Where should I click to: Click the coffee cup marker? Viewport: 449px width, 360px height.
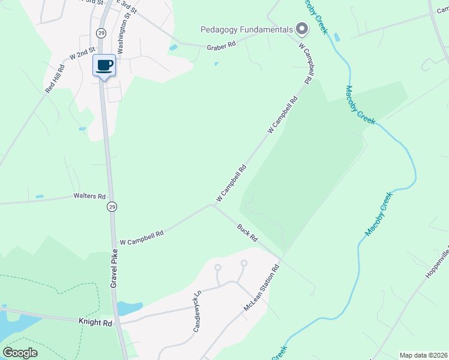[104, 64]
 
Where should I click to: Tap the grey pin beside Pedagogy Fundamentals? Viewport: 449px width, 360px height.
[303, 28]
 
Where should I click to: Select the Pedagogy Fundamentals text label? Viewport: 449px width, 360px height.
[247, 29]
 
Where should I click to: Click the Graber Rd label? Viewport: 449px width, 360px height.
[221, 46]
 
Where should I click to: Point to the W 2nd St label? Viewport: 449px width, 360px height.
[82, 53]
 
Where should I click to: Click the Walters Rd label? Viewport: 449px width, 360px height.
[89, 196]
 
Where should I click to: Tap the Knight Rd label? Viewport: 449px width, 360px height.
[95, 322]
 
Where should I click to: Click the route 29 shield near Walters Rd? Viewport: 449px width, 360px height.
[112, 206]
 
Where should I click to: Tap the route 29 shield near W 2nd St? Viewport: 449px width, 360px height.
[101, 32]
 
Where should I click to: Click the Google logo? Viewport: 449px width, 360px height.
[20, 352]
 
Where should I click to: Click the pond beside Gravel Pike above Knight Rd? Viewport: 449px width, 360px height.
[128, 308]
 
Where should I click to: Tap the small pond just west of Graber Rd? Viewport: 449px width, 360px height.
[173, 47]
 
